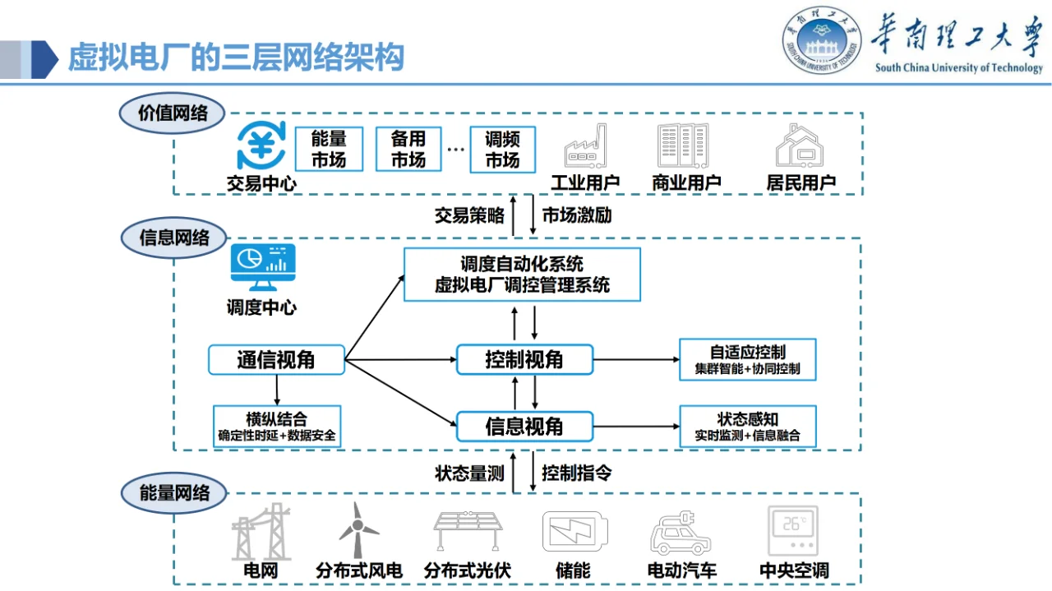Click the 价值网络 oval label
click(173, 113)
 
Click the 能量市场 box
click(329, 150)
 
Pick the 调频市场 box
click(502, 150)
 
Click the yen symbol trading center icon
click(261, 145)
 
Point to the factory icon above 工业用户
click(585, 147)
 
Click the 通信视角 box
click(276, 360)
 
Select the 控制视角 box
click(524, 360)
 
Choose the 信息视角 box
click(524, 426)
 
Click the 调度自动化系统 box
click(522, 275)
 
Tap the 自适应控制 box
click(747, 360)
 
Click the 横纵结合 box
click(276, 426)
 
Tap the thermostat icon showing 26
click(793, 531)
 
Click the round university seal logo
click(821, 41)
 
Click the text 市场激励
click(577, 216)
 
